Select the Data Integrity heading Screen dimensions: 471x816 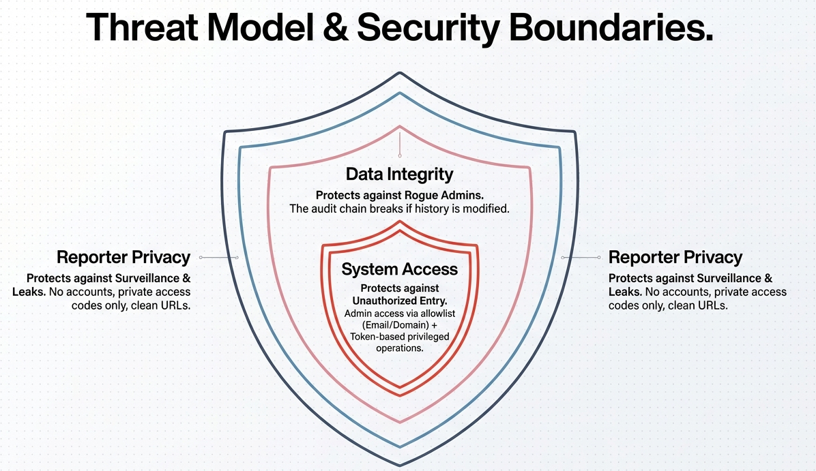(x=399, y=174)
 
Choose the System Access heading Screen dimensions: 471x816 (x=399, y=269)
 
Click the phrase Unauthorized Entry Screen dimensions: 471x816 (x=399, y=301)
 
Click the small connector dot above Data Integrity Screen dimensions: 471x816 (x=400, y=156)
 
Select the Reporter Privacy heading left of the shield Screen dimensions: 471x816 (x=123, y=257)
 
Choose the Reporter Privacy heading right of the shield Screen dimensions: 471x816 (x=675, y=257)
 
